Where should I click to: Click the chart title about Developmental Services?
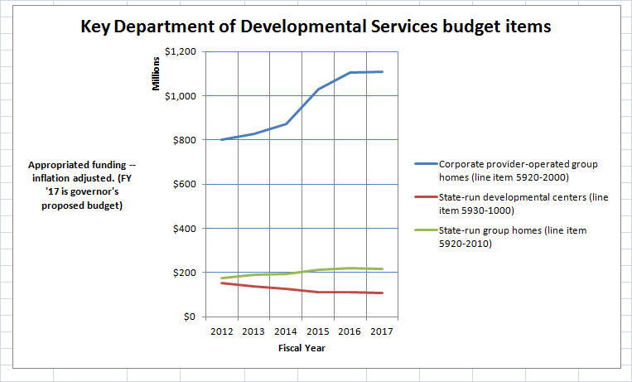tap(316, 27)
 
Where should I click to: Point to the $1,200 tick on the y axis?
tap(181, 51)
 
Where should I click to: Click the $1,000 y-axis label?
tap(181, 96)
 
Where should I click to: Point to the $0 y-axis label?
tap(190, 317)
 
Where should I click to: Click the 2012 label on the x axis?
tap(221, 331)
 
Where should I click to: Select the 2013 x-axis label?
tap(253, 331)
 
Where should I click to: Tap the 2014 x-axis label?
tap(286, 331)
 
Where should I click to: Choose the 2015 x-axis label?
tap(318, 331)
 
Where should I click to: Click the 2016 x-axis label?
tap(350, 331)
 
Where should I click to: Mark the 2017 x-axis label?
tap(382, 331)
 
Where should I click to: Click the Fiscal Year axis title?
tap(302, 348)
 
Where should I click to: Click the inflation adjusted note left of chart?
tap(76, 185)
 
